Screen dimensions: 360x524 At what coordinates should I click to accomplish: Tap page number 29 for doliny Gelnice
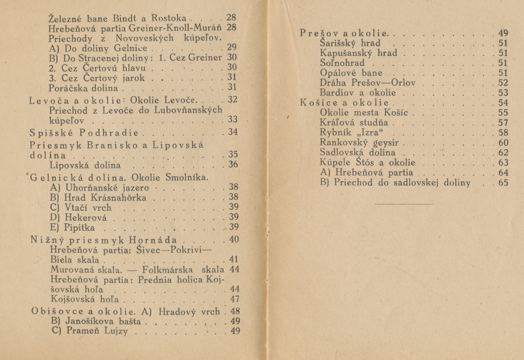pyautogui.click(x=231, y=47)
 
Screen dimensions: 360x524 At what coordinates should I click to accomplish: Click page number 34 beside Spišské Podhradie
pyautogui.click(x=232, y=132)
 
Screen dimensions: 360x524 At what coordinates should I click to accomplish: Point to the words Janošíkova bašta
pyautogui.click(x=100, y=322)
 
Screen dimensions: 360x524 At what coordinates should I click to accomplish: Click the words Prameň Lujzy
pyautogui.click(x=93, y=332)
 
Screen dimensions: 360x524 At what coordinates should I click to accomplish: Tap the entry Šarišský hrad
pyautogui.click(x=350, y=43)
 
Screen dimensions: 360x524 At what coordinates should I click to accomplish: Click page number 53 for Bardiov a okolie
pyautogui.click(x=503, y=93)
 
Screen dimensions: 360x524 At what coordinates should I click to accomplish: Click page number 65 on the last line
pyautogui.click(x=503, y=182)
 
